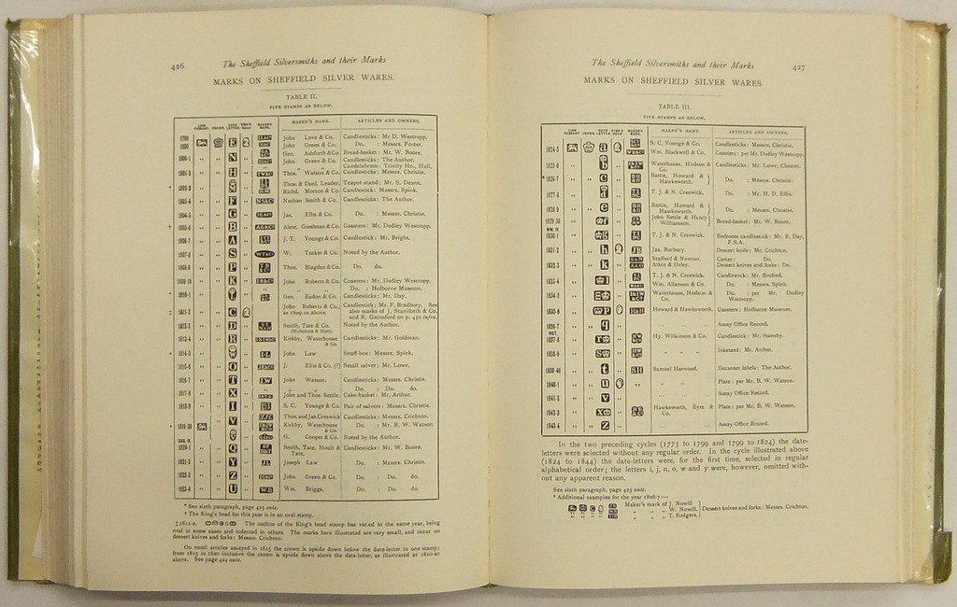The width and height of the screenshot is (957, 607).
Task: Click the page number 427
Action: [x=799, y=67]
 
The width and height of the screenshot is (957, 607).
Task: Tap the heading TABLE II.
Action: [x=304, y=97]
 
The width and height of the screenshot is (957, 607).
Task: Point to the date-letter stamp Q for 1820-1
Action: [x=232, y=447]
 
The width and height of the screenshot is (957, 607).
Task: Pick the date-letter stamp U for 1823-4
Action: [x=232, y=488]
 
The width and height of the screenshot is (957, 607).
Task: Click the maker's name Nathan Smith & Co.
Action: [x=304, y=200]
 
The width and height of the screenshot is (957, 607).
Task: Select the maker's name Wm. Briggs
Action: [x=299, y=488]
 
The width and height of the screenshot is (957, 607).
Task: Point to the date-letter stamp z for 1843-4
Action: [x=605, y=424]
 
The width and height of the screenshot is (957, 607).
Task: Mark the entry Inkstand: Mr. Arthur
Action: [x=743, y=349]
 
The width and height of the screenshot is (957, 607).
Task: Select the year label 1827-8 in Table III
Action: [x=553, y=195]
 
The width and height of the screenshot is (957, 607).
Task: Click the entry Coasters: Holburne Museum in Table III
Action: [x=753, y=309]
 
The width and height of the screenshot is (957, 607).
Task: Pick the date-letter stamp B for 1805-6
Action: [x=232, y=226]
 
